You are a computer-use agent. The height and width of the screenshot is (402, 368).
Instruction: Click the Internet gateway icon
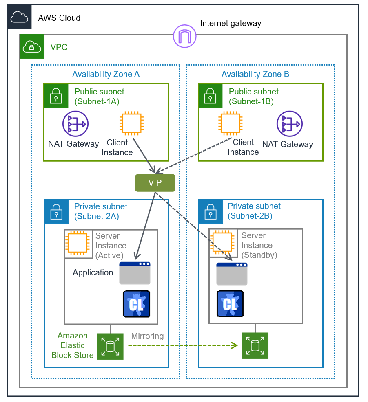tap(184, 36)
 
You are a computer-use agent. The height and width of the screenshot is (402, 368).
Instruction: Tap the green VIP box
tap(155, 183)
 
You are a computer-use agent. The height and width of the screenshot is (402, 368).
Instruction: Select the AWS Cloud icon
tap(19, 18)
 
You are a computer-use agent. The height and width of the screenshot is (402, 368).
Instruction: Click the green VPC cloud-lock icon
tap(31, 47)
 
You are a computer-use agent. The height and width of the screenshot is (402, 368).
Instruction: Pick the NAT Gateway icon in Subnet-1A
tap(75, 124)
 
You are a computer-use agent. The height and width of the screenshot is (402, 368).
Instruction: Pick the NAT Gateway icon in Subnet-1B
tap(290, 124)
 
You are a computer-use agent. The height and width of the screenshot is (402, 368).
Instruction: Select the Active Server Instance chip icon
tap(78, 244)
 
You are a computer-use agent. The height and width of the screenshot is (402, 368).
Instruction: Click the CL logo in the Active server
tap(136, 304)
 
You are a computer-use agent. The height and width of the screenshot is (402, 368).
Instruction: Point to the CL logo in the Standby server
tap(231, 304)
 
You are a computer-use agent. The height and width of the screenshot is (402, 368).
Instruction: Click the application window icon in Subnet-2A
tap(135, 273)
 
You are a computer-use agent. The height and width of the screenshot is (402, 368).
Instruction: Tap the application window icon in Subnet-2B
tap(232, 274)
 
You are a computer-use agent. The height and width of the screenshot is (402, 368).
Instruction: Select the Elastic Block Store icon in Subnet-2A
tap(110, 347)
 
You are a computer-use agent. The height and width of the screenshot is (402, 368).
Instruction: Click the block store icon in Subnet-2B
tap(255, 346)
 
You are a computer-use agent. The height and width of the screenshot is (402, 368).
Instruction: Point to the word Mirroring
tap(147, 336)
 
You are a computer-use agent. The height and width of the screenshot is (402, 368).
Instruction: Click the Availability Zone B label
tap(255, 74)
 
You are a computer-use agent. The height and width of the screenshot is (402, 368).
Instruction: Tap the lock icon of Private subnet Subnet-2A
tap(56, 211)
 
